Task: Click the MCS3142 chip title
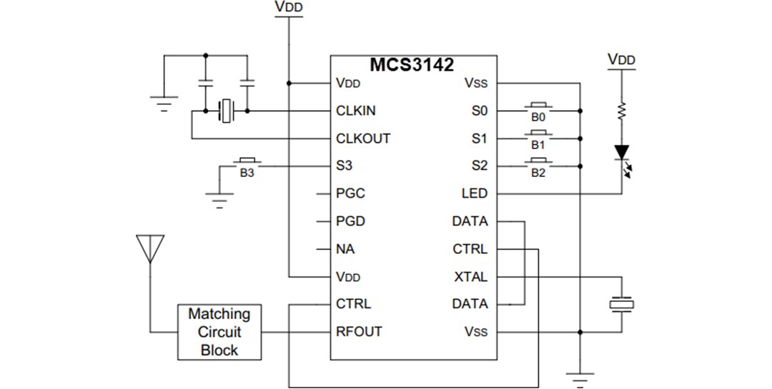411,65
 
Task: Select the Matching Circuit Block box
219,332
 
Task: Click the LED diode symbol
622,152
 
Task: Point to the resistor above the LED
622,111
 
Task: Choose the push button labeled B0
538,108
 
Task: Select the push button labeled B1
538,136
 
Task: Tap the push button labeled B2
538,163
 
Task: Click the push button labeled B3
247,163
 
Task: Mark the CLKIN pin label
356,111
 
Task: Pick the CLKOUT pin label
363,138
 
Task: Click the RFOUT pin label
359,331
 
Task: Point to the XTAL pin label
470,276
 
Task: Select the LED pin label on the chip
475,193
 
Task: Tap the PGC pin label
350,193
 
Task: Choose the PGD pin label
350,221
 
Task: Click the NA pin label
345,249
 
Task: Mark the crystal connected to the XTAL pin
621,304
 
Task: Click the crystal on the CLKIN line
227,111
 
